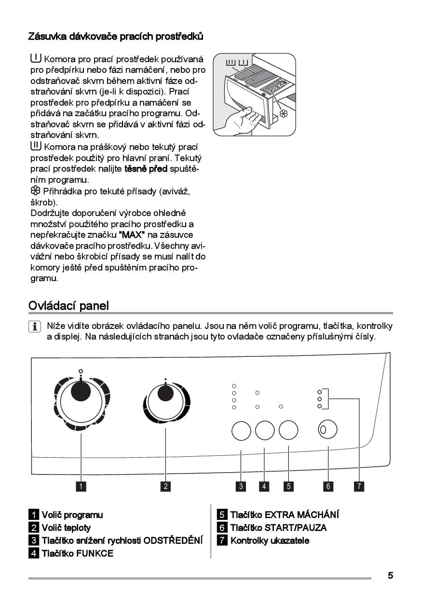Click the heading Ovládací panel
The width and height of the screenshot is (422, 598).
point(68,305)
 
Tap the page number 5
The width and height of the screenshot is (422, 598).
point(390,575)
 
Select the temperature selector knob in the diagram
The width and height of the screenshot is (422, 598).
point(165,402)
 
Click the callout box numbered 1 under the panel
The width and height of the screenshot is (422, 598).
point(81,486)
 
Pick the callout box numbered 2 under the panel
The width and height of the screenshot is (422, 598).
point(165,486)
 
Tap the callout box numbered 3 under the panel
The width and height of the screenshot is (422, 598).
point(241,486)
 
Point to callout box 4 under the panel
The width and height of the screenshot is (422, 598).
point(264,486)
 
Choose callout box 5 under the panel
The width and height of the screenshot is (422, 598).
point(288,486)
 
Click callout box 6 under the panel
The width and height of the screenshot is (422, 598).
point(328,486)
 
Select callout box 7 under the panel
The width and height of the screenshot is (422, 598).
point(359,486)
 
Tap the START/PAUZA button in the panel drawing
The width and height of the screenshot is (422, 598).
point(327,429)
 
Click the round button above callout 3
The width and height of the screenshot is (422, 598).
point(240,430)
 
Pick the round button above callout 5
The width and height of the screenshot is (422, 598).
point(288,430)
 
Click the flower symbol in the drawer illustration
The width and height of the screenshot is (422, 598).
point(283,114)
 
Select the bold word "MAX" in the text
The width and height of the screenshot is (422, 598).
point(132,234)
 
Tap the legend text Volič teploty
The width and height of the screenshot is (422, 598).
point(66,528)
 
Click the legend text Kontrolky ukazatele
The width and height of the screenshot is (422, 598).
point(270,540)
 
